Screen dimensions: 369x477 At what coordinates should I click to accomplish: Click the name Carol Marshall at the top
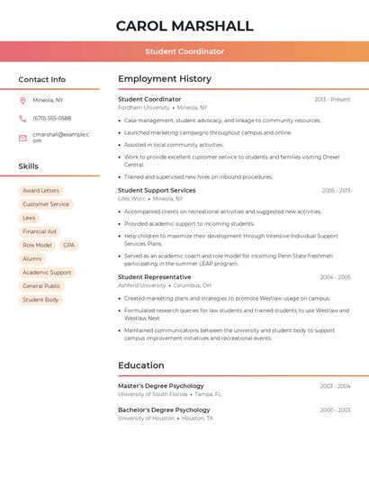(184, 26)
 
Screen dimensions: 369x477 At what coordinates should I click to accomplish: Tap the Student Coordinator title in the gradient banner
(184, 51)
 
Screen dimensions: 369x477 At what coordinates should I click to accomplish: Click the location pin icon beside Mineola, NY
(22, 100)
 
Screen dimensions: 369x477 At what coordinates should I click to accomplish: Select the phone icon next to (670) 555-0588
(22, 118)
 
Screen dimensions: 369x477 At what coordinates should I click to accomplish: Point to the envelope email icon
(22, 138)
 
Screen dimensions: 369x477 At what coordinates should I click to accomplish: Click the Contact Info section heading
(41, 79)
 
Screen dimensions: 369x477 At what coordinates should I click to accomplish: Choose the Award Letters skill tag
(40, 191)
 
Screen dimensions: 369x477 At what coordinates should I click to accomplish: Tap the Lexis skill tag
(30, 218)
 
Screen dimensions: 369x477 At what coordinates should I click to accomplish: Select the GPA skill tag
(68, 245)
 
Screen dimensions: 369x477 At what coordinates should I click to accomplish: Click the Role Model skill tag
(37, 245)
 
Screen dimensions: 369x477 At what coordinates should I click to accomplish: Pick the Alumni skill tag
(32, 258)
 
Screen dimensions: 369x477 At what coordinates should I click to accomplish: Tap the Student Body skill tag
(40, 300)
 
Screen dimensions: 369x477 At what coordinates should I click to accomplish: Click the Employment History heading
(164, 79)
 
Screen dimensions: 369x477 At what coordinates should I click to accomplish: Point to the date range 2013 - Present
(332, 99)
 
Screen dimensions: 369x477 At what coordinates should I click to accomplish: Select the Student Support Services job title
(157, 191)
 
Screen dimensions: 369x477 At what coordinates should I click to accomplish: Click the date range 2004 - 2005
(335, 277)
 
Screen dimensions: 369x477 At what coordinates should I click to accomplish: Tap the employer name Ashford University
(142, 285)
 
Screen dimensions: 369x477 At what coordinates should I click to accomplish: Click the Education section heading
(141, 365)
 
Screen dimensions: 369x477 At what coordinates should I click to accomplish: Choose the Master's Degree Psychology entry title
(161, 386)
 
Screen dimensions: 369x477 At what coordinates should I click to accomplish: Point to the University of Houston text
(146, 418)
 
